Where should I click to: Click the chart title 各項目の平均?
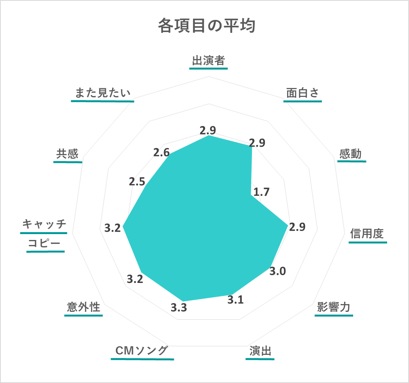(207, 25)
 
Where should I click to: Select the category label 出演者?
(209, 61)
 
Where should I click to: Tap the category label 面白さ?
(303, 93)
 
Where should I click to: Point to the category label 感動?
(350, 154)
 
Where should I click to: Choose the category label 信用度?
(367, 233)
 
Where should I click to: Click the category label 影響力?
(334, 307)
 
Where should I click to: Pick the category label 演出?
(260, 351)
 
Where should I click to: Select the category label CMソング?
(142, 351)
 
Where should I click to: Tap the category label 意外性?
(84, 307)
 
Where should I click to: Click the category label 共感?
(67, 154)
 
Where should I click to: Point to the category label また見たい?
(102, 93)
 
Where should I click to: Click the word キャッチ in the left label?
(44, 224)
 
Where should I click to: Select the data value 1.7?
(261, 192)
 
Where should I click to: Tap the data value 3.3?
(179, 308)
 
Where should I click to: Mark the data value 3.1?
(235, 300)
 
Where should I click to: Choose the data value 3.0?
(277, 271)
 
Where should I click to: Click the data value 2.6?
(161, 153)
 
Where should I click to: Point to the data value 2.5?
(137, 182)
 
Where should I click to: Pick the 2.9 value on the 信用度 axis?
(297, 227)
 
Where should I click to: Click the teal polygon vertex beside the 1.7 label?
(251, 195)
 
